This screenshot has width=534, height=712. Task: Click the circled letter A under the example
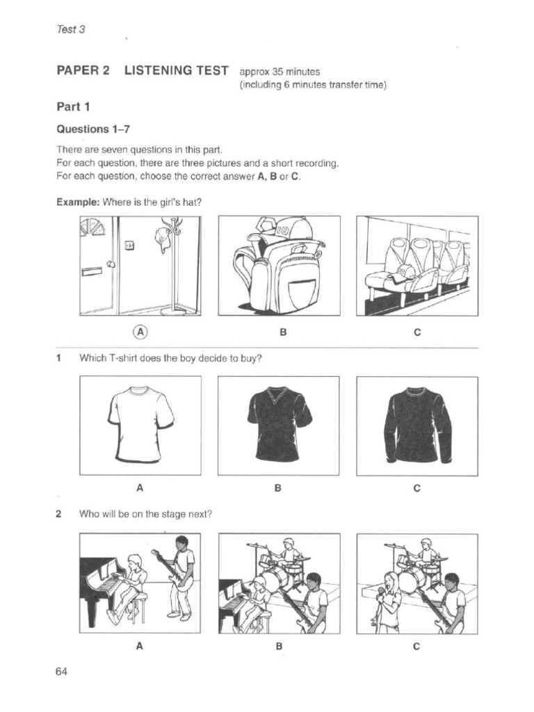coord(141,332)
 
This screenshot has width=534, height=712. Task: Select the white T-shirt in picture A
coord(140,423)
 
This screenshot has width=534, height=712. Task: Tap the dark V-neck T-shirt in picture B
coord(279,423)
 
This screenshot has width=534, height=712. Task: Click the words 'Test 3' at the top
coord(70,30)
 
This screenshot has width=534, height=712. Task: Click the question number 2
coord(60,515)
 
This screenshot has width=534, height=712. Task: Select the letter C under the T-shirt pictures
coord(417,488)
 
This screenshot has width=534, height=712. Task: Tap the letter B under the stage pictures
coord(278,646)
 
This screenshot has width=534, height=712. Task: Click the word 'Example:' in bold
coord(78,202)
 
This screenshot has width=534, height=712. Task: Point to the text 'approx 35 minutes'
coord(279,72)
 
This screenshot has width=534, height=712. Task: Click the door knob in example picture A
coord(110,264)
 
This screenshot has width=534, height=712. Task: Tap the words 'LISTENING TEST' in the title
coord(176,70)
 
